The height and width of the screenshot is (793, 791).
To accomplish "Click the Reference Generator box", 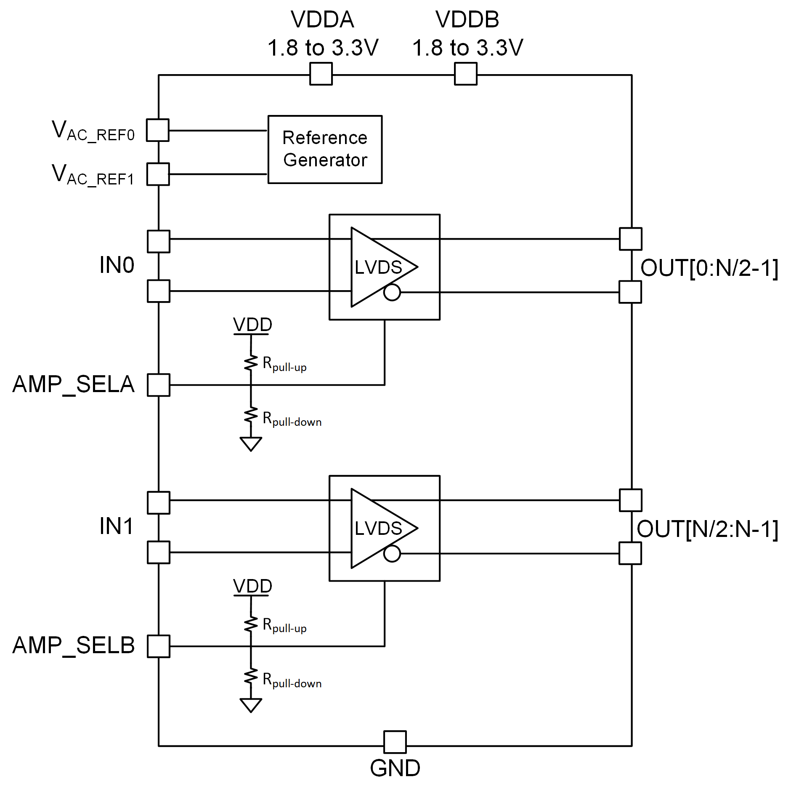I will coord(325,149).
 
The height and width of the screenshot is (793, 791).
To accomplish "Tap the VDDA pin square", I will coord(321,74).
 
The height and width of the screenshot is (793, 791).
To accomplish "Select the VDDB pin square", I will coord(466,74).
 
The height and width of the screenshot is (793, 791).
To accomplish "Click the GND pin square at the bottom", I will coord(395,742).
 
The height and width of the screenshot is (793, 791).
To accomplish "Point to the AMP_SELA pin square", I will coord(159,385).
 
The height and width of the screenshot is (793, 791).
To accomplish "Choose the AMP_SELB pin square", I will coord(159,646).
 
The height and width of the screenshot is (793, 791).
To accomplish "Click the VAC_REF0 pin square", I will coord(158,130).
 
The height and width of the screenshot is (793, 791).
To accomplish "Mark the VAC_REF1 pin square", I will coord(158,174).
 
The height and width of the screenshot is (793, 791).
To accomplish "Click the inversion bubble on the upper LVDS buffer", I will coord(392,292).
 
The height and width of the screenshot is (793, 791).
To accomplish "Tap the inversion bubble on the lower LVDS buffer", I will coord(392,554).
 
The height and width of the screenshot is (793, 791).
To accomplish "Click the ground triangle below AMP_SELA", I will coord(251,443).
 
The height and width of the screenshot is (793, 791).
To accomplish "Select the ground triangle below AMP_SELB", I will coord(251,705).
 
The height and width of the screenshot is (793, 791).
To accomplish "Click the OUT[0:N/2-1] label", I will coord(709,268).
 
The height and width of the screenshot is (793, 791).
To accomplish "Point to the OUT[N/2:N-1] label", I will coord(708,529).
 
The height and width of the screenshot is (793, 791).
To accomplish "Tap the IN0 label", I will coord(117,265).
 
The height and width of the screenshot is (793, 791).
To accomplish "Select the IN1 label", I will coord(117,526).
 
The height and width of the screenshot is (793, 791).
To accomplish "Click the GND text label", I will coord(395,768).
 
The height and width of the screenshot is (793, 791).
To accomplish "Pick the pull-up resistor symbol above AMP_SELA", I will coord(251,363).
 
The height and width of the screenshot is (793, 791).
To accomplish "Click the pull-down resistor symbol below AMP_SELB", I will coord(251,677).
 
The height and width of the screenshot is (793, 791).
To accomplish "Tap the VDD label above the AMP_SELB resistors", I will coord(252,586).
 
